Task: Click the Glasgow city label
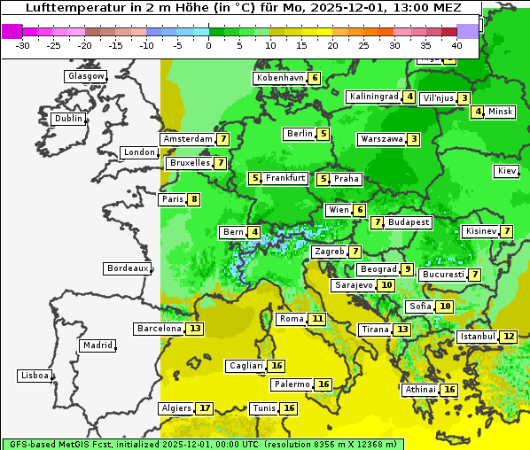pos(85,76)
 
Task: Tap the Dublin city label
pos(67,119)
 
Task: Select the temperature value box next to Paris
pos(193,199)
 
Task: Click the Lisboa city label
pos(35,376)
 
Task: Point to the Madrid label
pos(97,345)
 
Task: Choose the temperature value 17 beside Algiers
pos(205,408)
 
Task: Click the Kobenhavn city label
pos(279,78)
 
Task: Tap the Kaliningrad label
pos(374,97)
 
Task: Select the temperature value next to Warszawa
pos(414,139)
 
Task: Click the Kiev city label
pos(507,171)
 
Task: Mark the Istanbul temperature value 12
pos(509,337)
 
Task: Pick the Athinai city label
pos(420,390)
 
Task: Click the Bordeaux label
pos(128,268)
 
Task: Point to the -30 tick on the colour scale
pos(22,45)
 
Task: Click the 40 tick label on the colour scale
pos(456,45)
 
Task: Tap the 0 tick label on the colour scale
pos(208,45)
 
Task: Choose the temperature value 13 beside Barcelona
pos(195,329)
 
